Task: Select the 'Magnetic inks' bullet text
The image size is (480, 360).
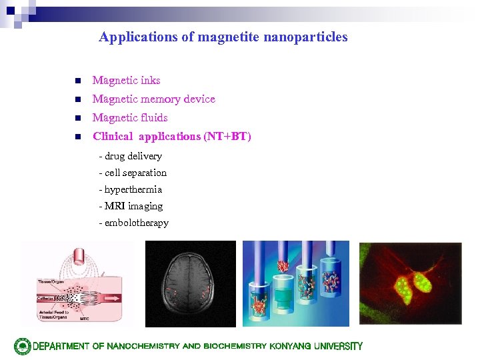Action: pos(126,81)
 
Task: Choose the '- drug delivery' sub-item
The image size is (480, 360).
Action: pos(130,156)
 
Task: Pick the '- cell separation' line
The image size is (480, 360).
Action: pos(132,173)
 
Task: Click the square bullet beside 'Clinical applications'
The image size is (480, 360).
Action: pos(77,137)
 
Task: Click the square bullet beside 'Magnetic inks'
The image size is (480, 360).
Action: pos(77,81)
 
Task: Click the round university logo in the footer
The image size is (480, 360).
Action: pos(23,346)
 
